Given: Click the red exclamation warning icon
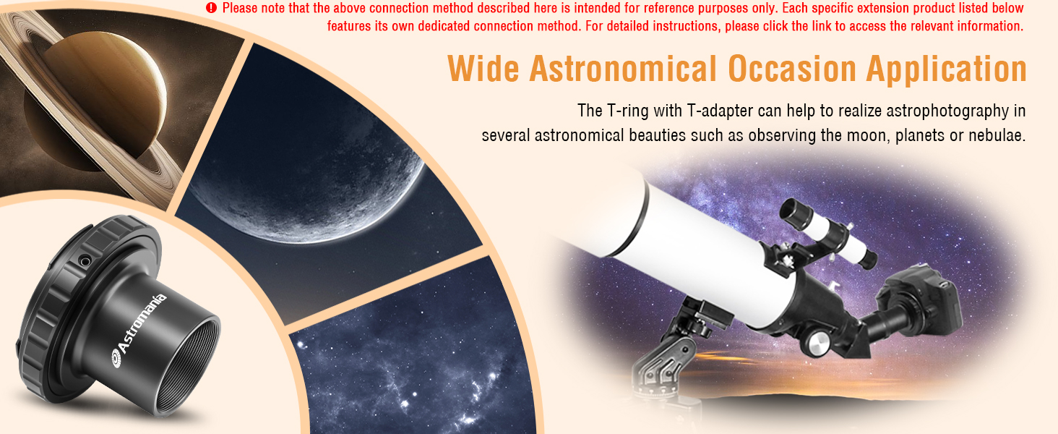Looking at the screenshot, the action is coord(211,8).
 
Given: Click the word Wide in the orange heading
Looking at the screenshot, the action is coord(483,69).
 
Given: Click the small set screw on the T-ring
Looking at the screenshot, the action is coord(85,260).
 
